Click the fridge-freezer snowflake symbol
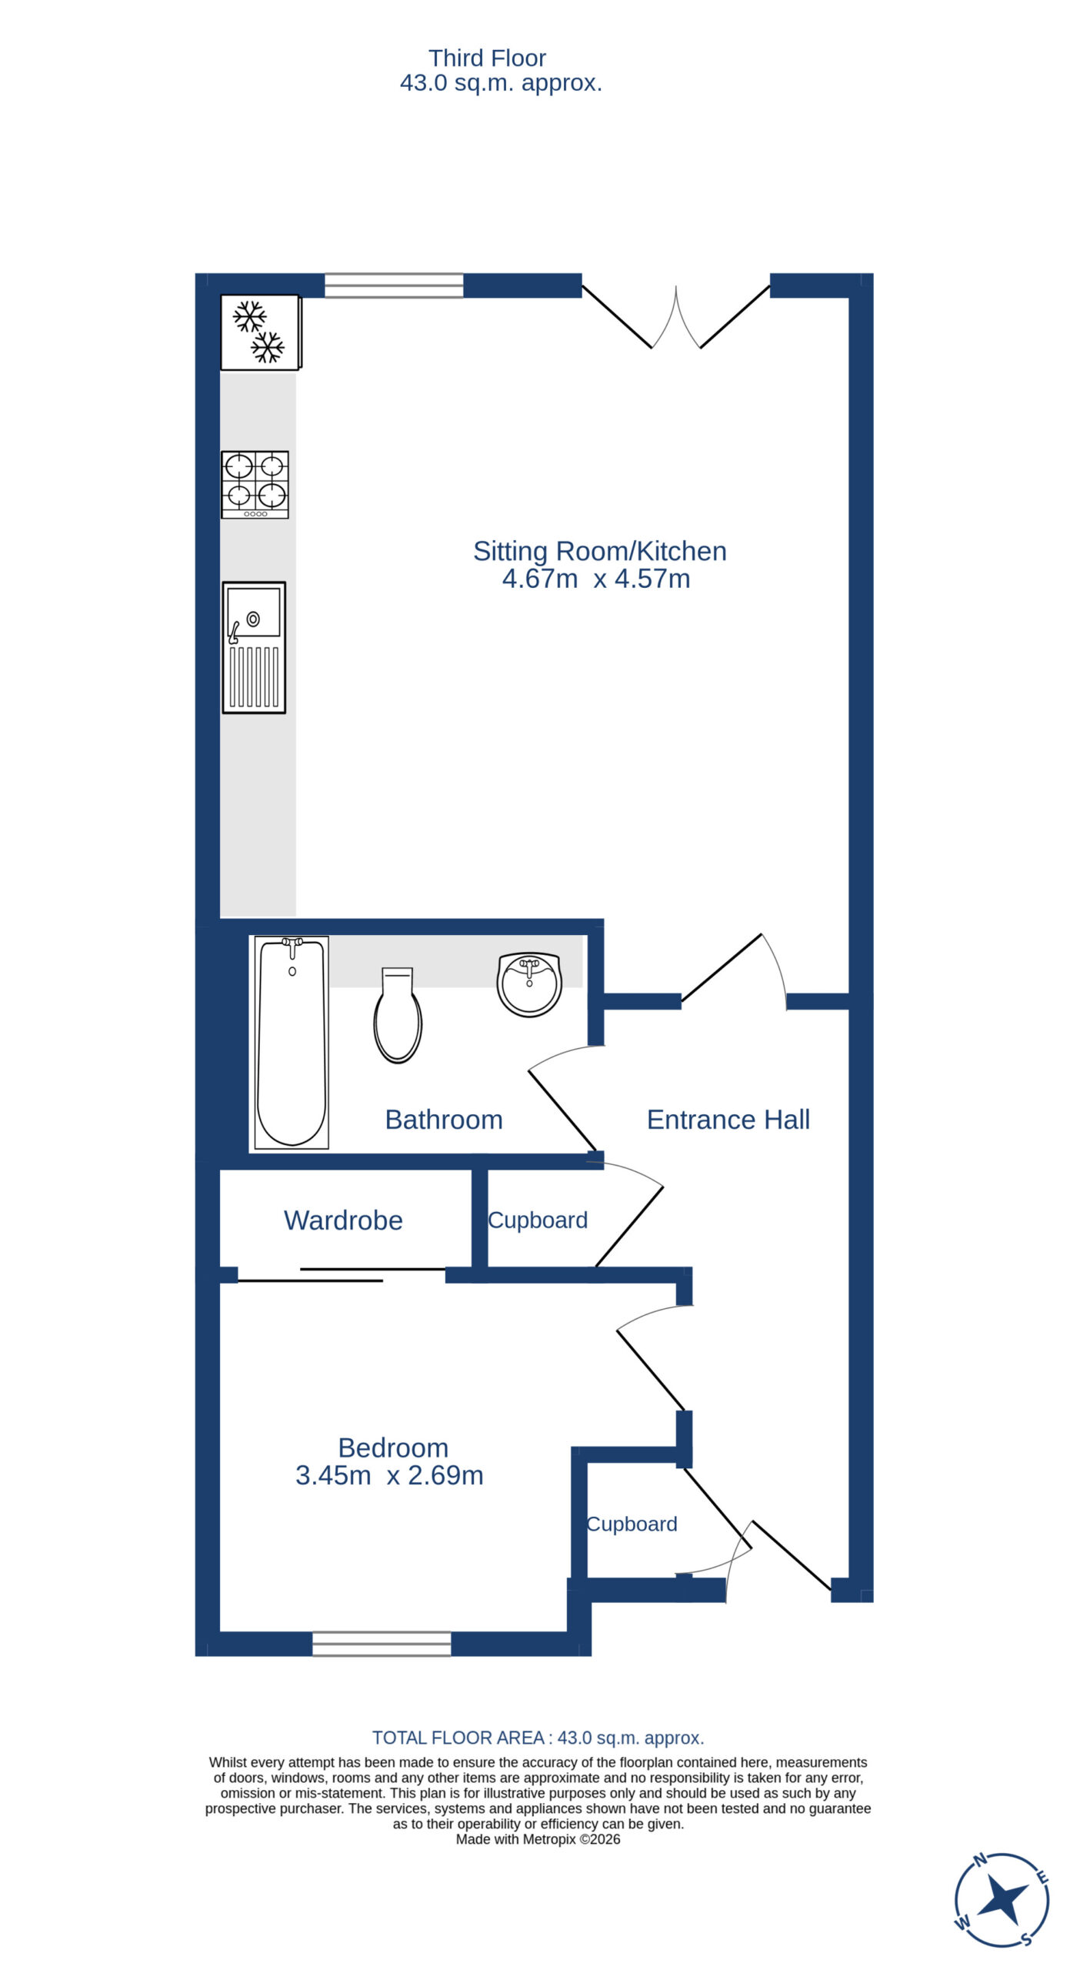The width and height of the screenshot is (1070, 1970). (x=259, y=332)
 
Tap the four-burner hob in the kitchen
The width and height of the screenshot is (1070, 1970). (x=255, y=485)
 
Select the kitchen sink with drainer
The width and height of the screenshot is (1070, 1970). (x=254, y=647)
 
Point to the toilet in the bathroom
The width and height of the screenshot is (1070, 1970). (x=398, y=1015)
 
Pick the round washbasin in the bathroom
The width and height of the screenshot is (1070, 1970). (x=529, y=984)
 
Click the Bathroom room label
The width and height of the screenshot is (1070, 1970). (x=444, y=1120)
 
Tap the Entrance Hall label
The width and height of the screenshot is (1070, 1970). (x=728, y=1120)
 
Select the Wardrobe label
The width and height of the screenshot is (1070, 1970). (x=343, y=1220)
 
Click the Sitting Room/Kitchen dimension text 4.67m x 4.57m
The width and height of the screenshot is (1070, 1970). (x=596, y=579)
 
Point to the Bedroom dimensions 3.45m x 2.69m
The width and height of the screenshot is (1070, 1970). (x=389, y=1475)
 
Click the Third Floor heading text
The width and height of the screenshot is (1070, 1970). (x=487, y=58)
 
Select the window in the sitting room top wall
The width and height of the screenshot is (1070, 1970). (x=394, y=285)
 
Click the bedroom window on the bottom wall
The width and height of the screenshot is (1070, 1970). (x=382, y=1644)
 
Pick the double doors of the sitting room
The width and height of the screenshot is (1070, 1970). (x=676, y=316)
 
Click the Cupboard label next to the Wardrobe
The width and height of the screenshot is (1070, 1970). (x=538, y=1220)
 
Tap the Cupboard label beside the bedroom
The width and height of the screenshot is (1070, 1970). (x=632, y=1524)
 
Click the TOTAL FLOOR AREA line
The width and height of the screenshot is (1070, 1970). (x=538, y=1738)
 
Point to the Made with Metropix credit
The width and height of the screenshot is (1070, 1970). (x=538, y=1839)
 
